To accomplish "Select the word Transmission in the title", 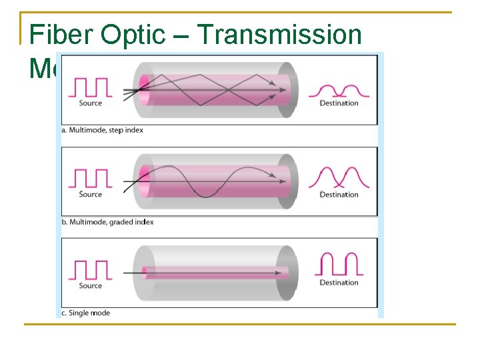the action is [280, 35].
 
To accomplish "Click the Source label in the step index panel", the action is [91, 103].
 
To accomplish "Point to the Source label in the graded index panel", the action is [91, 195].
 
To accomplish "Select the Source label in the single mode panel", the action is [91, 286].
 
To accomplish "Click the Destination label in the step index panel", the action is [339, 103].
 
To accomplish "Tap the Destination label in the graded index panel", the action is [339, 195].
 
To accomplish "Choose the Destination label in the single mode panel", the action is [339, 283].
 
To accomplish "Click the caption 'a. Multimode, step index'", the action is [102, 130].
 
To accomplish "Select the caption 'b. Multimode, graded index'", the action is [107, 222].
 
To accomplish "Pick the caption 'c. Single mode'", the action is [85, 313].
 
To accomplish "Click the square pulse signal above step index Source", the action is [90, 87].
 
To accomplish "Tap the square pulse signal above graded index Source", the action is [90, 179].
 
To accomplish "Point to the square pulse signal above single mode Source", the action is [90, 270].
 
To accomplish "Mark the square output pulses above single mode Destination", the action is [340, 265].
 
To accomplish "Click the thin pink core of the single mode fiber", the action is [213, 273].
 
